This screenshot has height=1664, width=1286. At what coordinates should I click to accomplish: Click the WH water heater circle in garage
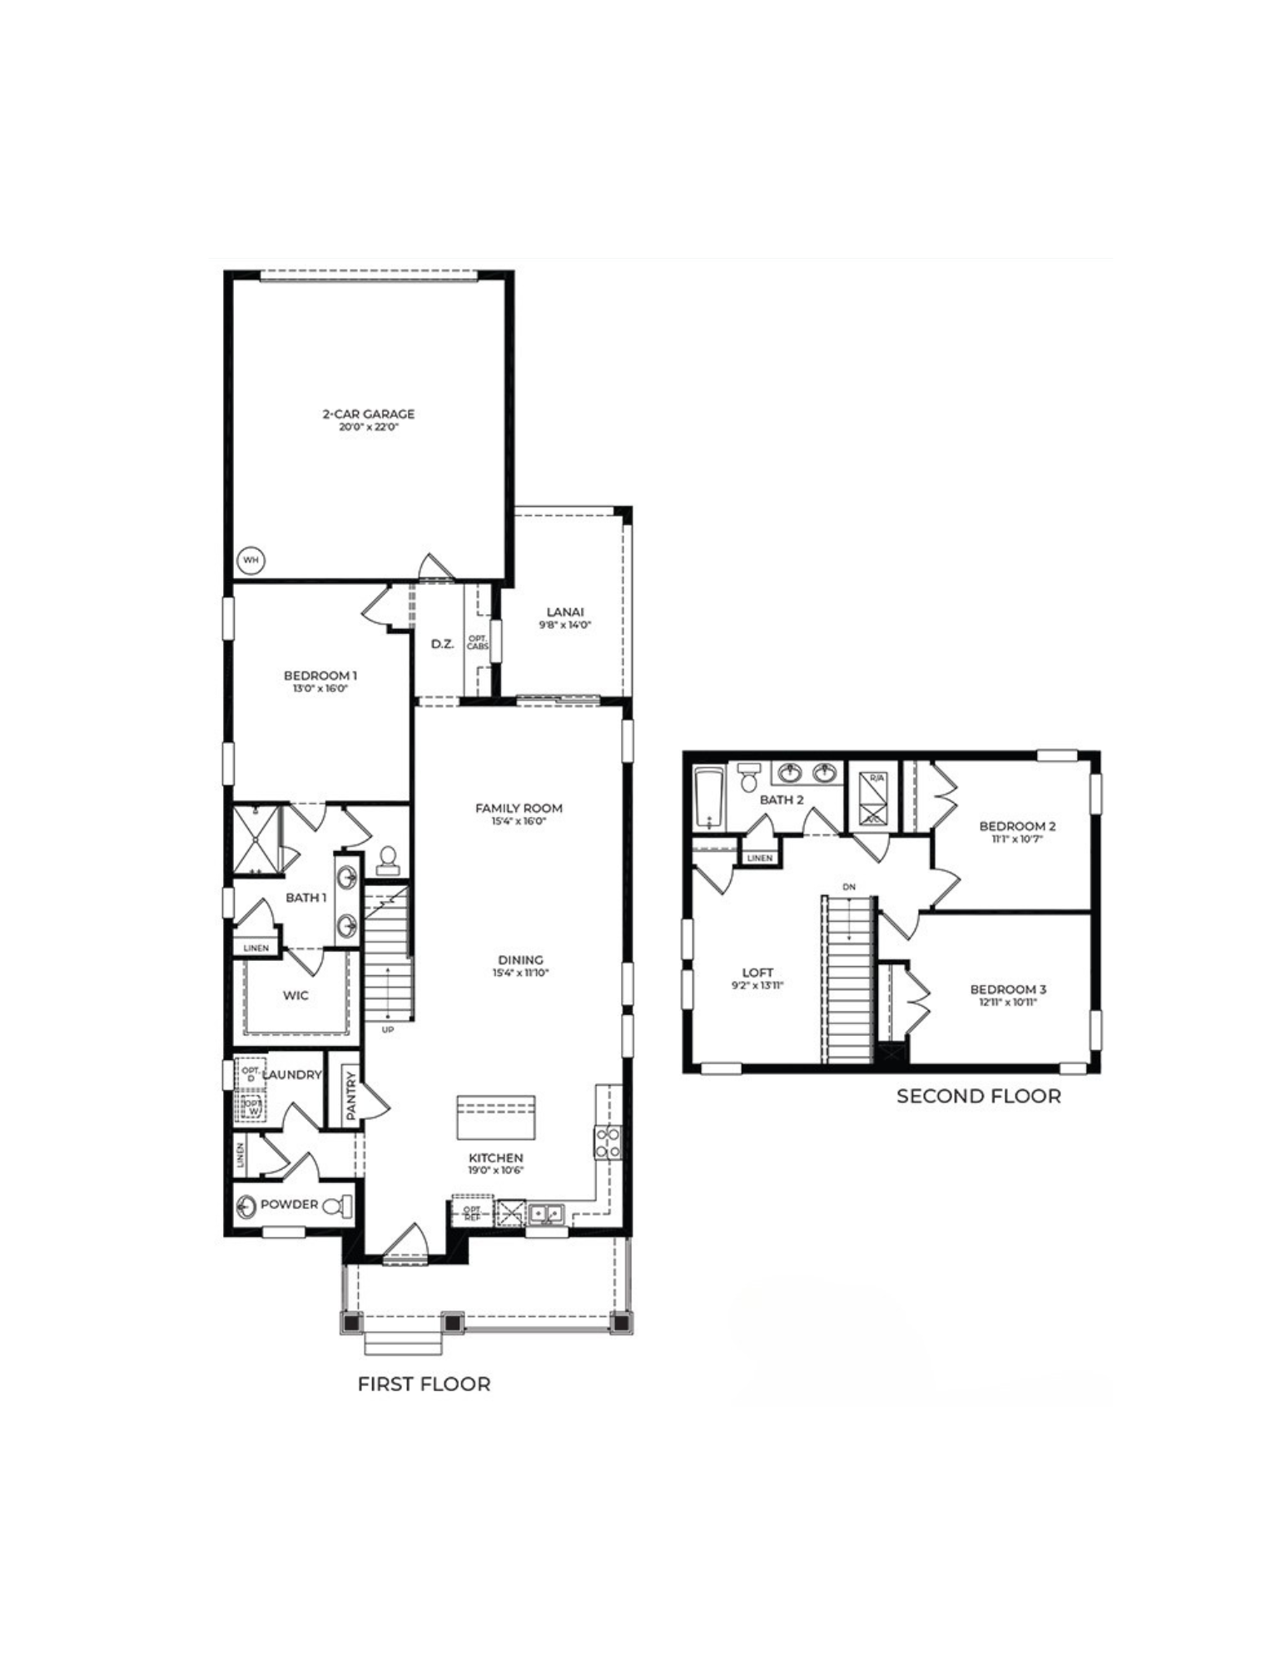pyautogui.click(x=251, y=561)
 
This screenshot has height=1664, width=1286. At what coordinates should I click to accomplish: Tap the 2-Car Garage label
pyautogui.click(x=368, y=414)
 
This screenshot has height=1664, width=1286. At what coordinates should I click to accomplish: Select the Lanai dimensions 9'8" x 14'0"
pyautogui.click(x=564, y=625)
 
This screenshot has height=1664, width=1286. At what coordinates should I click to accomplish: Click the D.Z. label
pyautogui.click(x=442, y=644)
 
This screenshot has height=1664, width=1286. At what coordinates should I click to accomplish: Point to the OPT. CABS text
pyautogui.click(x=478, y=643)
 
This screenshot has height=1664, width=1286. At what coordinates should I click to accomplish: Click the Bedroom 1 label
pyautogui.click(x=320, y=676)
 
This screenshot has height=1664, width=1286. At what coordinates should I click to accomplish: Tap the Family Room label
pyautogui.click(x=519, y=808)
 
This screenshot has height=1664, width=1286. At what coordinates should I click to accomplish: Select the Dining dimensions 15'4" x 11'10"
pyautogui.click(x=521, y=973)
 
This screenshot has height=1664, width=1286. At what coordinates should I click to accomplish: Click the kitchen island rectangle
pyautogui.click(x=495, y=1117)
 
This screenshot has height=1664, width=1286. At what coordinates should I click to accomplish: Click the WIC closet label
pyautogui.click(x=295, y=995)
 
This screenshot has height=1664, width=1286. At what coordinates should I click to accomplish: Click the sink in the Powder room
pyautogui.click(x=246, y=1206)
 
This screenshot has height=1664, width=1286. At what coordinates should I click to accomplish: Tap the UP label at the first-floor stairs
pyautogui.click(x=387, y=1030)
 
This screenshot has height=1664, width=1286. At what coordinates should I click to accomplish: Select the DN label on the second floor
pyautogui.click(x=848, y=887)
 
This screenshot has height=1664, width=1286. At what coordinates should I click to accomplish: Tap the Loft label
pyautogui.click(x=757, y=973)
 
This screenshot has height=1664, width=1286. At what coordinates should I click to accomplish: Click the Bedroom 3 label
pyautogui.click(x=1008, y=989)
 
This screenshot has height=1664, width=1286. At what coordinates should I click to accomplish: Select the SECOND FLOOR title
pyautogui.click(x=978, y=1097)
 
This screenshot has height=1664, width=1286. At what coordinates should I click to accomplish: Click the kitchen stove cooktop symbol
pyautogui.click(x=606, y=1142)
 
